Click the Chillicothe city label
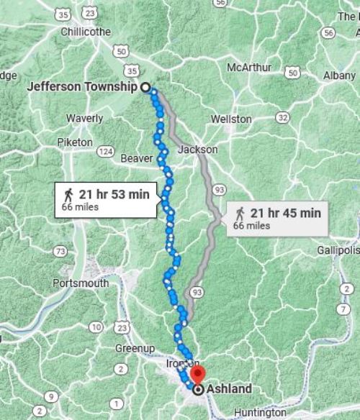tap(86, 32)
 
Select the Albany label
tap(339, 75)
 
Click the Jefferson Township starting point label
tap(81, 87)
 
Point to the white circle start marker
tap(145, 87)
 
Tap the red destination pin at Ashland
tap(199, 375)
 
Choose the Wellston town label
tap(231, 119)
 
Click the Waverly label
tap(84, 118)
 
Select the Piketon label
tap(75, 142)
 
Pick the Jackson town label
tap(197, 150)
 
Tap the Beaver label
tap(137, 158)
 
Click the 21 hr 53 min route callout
tap(106, 198)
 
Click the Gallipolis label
tap(338, 250)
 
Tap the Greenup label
tap(135, 348)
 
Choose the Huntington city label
tap(260, 413)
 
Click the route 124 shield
tap(106, 151)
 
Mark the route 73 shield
tap(60, 251)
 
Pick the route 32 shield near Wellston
tap(282, 117)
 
